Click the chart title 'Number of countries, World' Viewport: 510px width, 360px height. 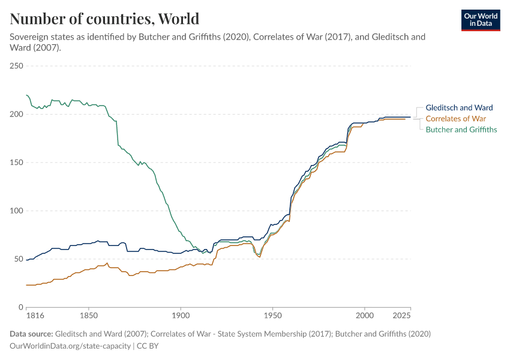coord(104,19)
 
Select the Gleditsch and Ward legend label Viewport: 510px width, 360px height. coord(459,107)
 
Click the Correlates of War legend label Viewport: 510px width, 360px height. coord(456,118)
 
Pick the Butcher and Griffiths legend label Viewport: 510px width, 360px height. coord(461,129)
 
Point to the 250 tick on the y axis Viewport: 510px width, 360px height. coord(16,66)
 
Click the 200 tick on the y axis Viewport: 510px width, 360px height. coord(16,114)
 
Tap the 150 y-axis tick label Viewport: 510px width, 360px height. coord(16,163)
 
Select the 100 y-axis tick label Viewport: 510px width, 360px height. coord(16,211)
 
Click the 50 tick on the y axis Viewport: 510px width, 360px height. coord(18,259)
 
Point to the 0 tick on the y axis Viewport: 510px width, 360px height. coord(20,307)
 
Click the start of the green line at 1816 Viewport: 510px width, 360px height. coord(26,95)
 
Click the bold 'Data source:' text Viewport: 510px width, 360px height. coord(31,334)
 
